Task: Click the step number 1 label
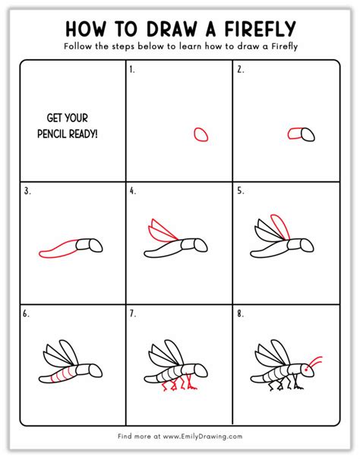pyautogui.click(x=132, y=69)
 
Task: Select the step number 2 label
pyautogui.click(x=239, y=69)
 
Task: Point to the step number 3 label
pyautogui.click(x=27, y=191)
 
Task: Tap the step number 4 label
pyautogui.click(x=133, y=191)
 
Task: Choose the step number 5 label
pyautogui.click(x=239, y=191)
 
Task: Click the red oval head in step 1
pyautogui.click(x=201, y=134)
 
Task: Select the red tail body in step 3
pyautogui.click(x=57, y=250)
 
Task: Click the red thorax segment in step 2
pyautogui.click(x=295, y=134)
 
